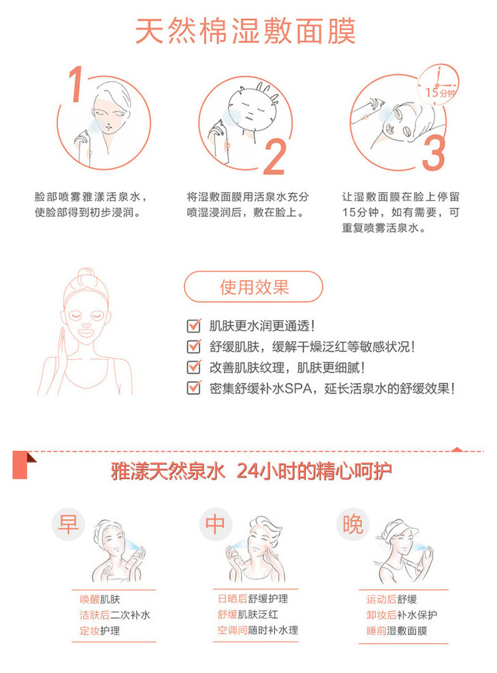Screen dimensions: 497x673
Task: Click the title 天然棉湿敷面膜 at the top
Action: (245, 31)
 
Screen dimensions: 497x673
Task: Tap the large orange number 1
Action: (76, 84)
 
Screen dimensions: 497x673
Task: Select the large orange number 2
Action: (275, 157)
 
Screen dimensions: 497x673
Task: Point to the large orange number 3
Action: (433, 153)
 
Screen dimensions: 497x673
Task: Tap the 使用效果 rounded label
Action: (253, 287)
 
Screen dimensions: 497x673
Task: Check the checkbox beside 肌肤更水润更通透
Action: (194, 326)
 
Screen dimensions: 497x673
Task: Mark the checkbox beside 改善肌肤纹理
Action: (194, 367)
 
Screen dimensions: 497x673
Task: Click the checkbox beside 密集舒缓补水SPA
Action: (194, 388)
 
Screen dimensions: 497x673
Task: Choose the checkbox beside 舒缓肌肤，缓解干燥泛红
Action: (194, 346)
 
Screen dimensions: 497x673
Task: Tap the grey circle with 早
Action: (68, 524)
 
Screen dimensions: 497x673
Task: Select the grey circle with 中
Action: (216, 524)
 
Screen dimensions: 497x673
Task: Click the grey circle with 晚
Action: (353, 524)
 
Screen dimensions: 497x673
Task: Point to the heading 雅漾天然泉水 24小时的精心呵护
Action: (251, 471)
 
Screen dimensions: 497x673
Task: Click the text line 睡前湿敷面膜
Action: (397, 631)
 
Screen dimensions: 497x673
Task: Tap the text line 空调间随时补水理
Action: (258, 630)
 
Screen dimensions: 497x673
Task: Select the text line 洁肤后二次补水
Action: (114, 614)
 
